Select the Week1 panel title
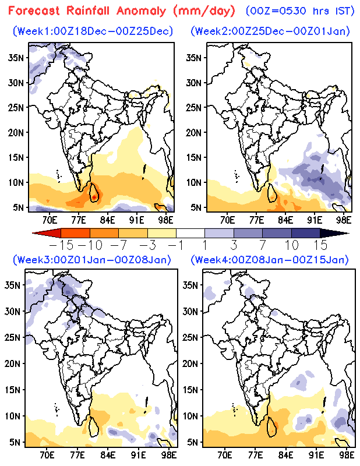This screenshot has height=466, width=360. (93, 31)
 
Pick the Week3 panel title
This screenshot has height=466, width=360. (93, 259)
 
